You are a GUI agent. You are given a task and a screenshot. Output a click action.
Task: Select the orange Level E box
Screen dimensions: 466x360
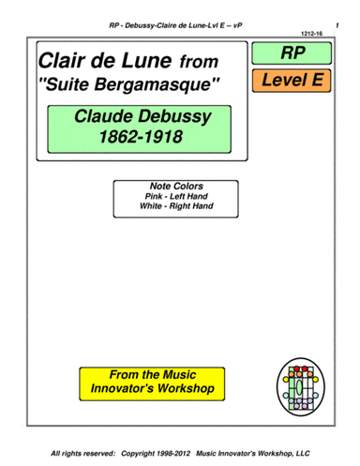pos(292,80)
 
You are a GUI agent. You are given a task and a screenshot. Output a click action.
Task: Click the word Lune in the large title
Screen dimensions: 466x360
pos(148,62)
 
